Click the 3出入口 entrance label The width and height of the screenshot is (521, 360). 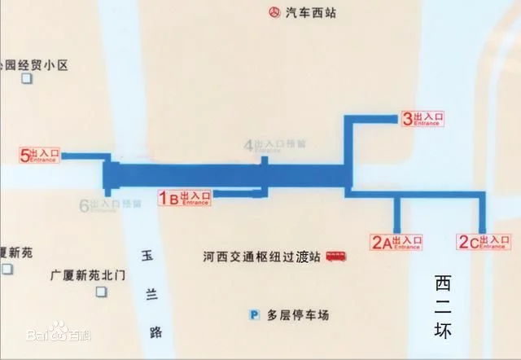423,119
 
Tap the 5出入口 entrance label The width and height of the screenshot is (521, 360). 40,154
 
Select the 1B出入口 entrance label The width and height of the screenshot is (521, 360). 184,197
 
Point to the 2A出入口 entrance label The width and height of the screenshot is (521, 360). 397,241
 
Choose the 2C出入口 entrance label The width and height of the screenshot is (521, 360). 484,241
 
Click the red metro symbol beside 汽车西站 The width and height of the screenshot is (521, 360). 273,12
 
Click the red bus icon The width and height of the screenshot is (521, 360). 335,257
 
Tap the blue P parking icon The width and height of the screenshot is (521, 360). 254,314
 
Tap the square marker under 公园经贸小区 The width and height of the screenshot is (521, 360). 27,78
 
